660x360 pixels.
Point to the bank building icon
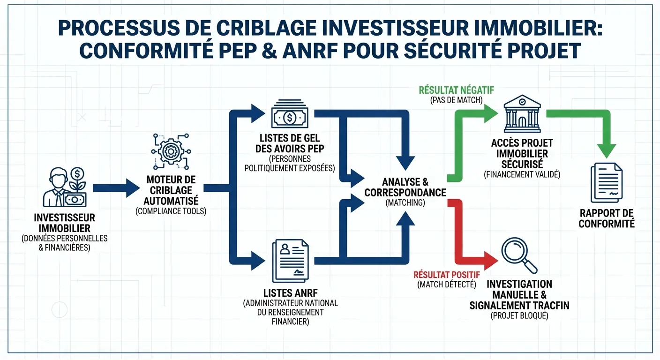point(522,115)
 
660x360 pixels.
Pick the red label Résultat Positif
point(447,275)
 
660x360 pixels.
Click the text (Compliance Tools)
point(171,211)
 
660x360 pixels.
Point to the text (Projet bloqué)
point(519,316)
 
